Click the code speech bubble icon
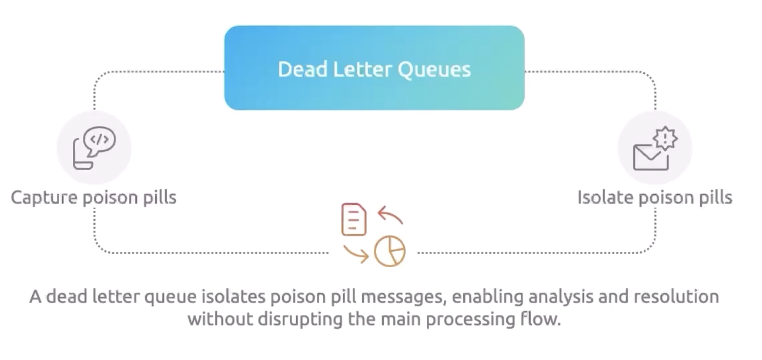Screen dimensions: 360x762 pyautogui.click(x=95, y=146)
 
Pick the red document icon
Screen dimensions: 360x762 pyautogui.click(x=354, y=219)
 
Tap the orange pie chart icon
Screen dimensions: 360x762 pyautogui.click(x=390, y=252)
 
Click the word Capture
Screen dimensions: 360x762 pyautogui.click(x=44, y=198)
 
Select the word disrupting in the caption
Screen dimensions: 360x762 pyautogui.click(x=295, y=319)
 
